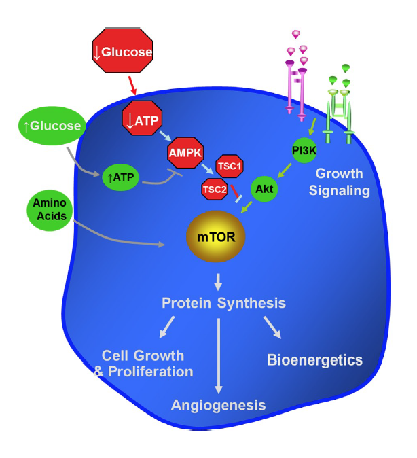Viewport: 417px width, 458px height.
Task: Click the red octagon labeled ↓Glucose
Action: (122, 50)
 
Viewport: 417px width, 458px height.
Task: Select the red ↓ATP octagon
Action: (142, 119)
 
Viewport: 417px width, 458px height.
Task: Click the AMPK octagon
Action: (185, 154)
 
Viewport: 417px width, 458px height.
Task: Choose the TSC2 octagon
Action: (215, 190)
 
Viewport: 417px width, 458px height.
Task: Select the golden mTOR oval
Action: (216, 239)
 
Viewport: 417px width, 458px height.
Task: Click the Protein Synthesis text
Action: (223, 302)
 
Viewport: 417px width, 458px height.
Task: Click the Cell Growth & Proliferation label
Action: (147, 364)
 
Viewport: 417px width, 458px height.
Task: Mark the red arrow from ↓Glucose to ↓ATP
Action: (132, 84)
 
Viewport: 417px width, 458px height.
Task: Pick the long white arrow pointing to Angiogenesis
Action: (218, 353)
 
